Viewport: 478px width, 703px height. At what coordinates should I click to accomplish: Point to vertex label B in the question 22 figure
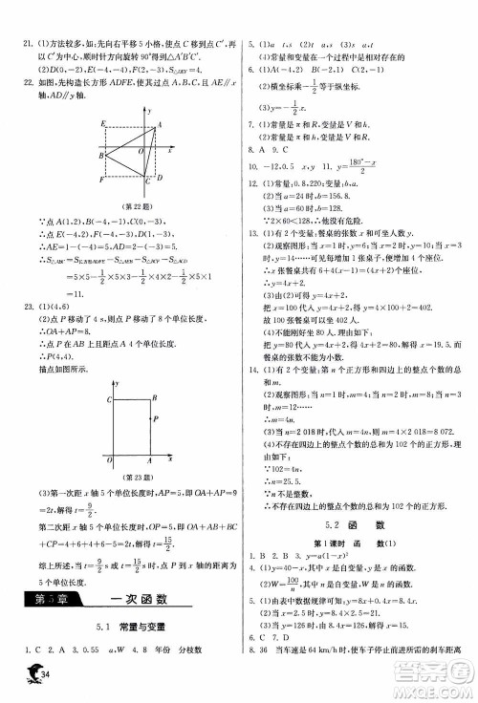[100, 155]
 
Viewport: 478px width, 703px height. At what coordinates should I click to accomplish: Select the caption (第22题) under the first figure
[137, 200]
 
